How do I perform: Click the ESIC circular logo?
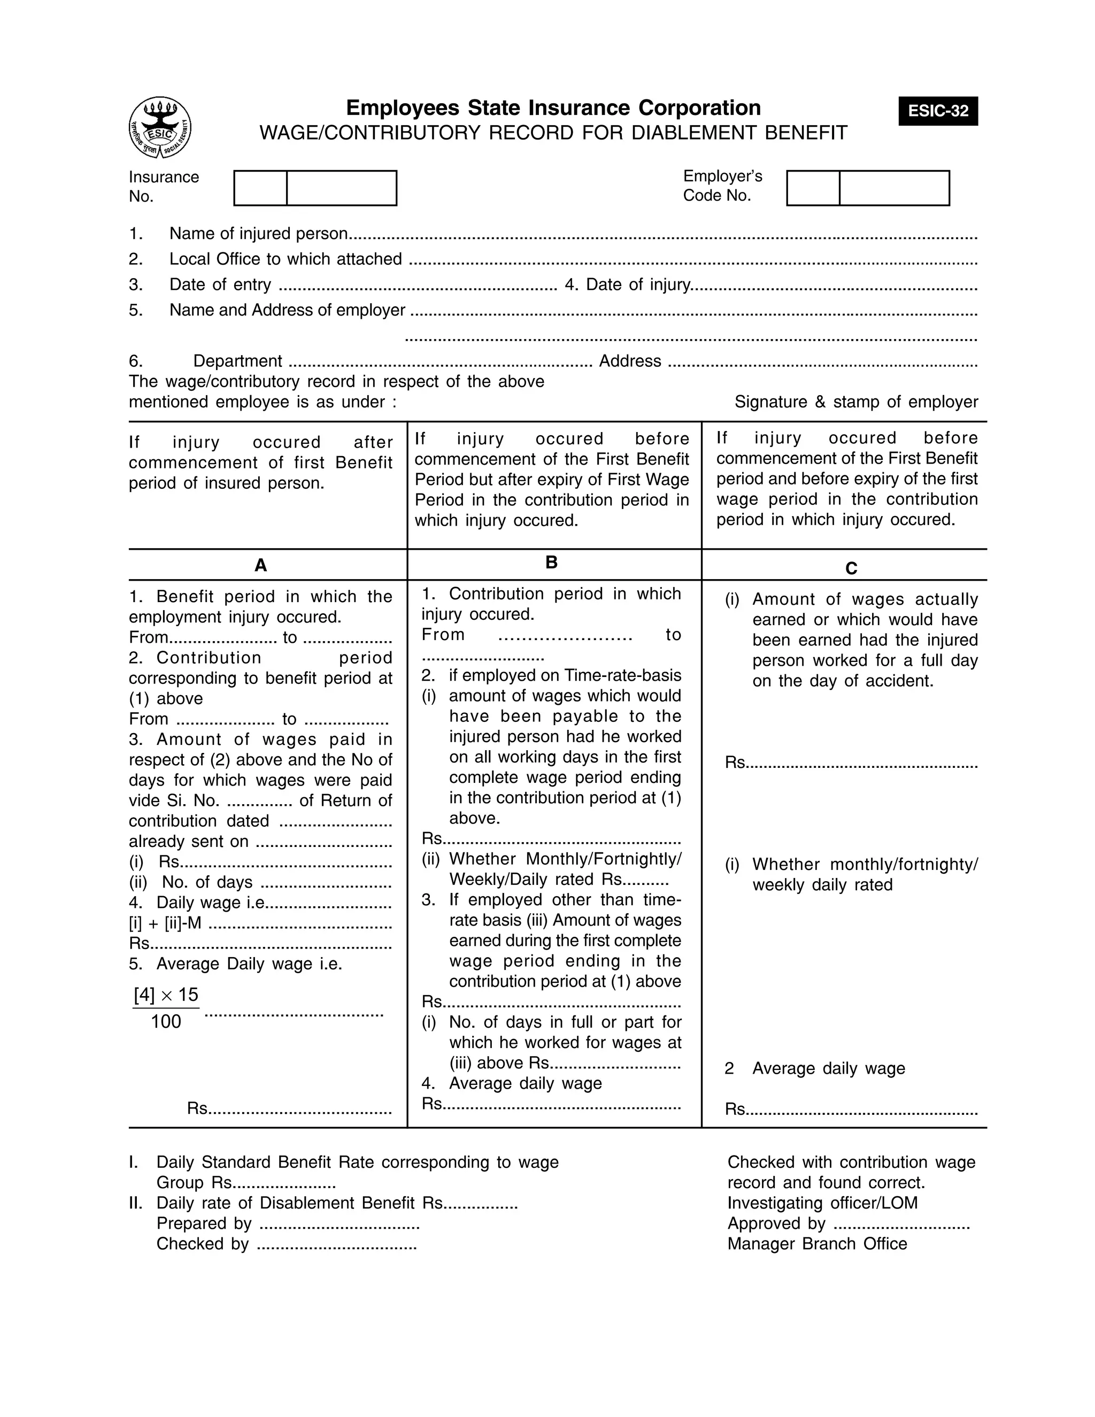point(159,127)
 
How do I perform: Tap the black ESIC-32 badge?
point(937,111)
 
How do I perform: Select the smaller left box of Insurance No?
point(260,188)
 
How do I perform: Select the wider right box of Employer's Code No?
point(893,188)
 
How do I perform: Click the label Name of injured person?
point(258,234)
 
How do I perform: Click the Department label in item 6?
point(237,361)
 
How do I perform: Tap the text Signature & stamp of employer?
point(855,402)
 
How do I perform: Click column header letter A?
point(261,566)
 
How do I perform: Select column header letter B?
point(551,563)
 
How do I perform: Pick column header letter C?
point(851,569)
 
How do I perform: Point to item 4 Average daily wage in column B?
point(524,1083)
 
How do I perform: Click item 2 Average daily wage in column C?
point(828,1068)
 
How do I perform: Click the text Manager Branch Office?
point(817,1244)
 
